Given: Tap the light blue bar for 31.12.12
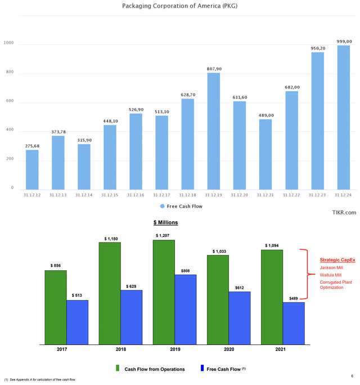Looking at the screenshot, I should (32, 169).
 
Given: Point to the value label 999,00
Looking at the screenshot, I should (344, 41).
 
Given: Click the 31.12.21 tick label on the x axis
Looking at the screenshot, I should (265, 195).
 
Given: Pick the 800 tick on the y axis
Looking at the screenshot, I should (9, 73).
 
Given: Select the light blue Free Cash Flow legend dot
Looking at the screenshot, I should (162, 207).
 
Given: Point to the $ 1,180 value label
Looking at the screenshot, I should (109, 239).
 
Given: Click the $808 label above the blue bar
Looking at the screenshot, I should (186, 271).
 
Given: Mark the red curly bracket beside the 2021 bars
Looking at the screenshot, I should (308, 274).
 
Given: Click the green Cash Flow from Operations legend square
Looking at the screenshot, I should (118, 369).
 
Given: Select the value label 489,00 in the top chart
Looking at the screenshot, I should (265, 115).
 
